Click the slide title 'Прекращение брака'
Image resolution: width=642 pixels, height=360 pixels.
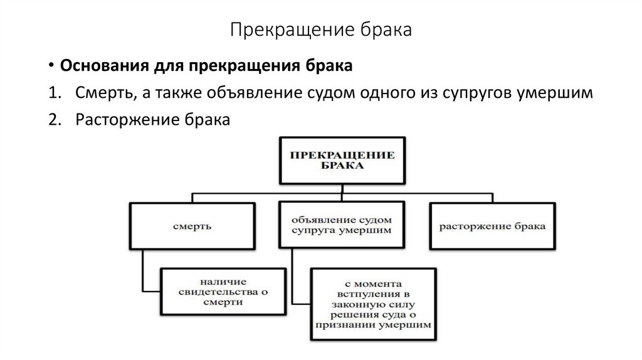point(320,29)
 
